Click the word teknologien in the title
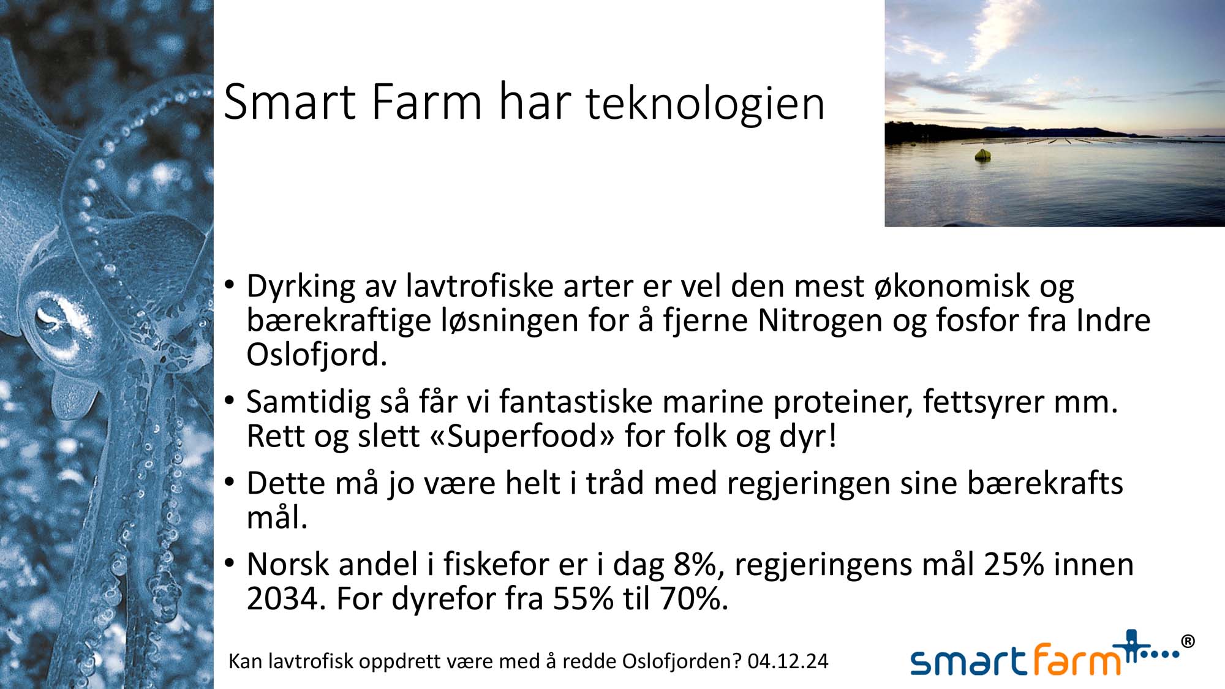(706, 104)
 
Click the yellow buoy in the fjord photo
(982, 155)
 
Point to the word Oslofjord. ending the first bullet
(317, 355)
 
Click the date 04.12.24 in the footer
(788, 661)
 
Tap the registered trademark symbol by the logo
(1187, 641)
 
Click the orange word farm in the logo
(1077, 660)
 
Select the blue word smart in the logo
(969, 661)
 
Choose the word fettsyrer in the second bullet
(984, 402)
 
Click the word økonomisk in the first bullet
(952, 286)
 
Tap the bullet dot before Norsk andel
(230, 562)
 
